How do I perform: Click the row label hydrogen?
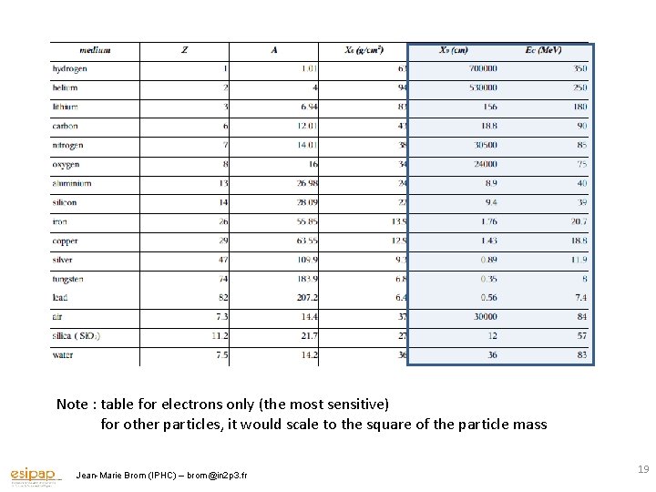(x=69, y=68)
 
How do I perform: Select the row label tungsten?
(x=68, y=278)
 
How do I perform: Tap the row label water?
(x=64, y=354)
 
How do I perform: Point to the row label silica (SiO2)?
(x=77, y=335)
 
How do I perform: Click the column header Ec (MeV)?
(x=544, y=49)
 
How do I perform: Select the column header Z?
(x=184, y=49)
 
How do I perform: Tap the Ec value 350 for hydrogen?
(x=579, y=68)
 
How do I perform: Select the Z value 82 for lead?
(x=222, y=297)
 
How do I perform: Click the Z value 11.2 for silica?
(x=220, y=335)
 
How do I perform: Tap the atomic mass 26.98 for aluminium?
(x=305, y=183)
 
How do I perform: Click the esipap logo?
(x=35, y=475)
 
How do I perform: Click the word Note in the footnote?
(x=72, y=404)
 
